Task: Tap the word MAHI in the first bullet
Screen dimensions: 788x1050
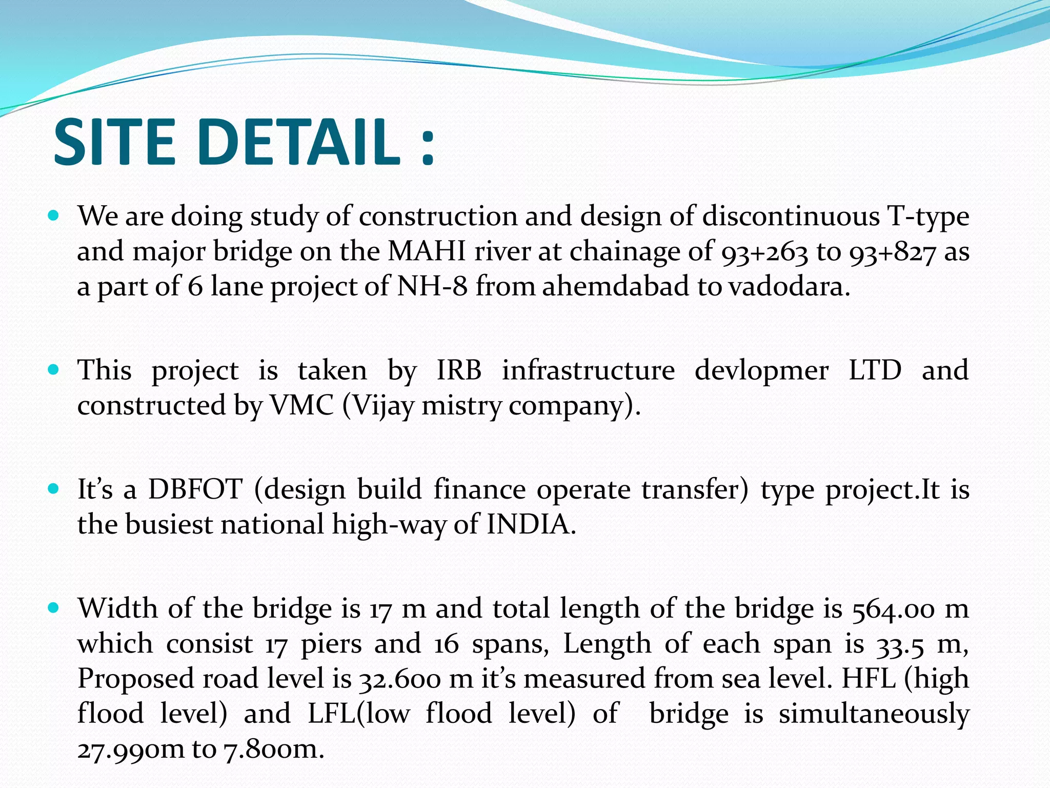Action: click(x=427, y=252)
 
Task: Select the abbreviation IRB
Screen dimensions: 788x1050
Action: click(x=459, y=370)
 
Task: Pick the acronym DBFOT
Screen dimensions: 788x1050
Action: click(x=195, y=489)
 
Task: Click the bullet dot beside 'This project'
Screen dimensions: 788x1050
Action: click(x=53, y=369)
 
